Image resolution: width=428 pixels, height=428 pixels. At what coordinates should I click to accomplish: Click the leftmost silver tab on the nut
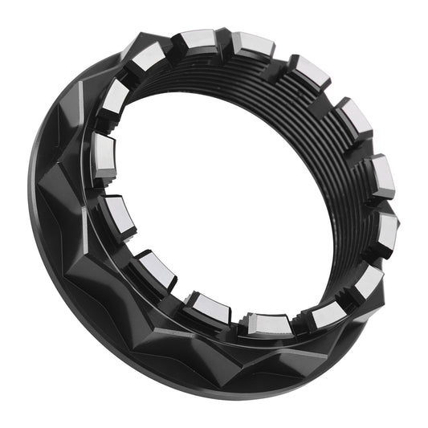(104, 149)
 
